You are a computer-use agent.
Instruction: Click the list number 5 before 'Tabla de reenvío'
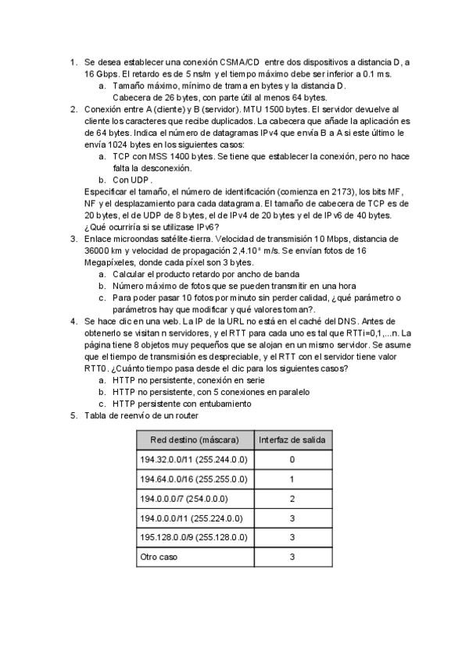(73, 416)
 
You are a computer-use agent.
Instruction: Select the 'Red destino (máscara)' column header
(195, 440)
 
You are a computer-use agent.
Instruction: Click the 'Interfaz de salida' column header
(292, 440)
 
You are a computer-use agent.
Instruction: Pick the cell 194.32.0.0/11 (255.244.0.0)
(193, 460)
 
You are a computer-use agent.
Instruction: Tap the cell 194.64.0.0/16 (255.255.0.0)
(193, 479)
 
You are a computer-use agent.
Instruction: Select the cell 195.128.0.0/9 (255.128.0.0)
(193, 537)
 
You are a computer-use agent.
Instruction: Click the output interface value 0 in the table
(292, 460)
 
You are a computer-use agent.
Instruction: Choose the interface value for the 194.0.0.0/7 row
(292, 498)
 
